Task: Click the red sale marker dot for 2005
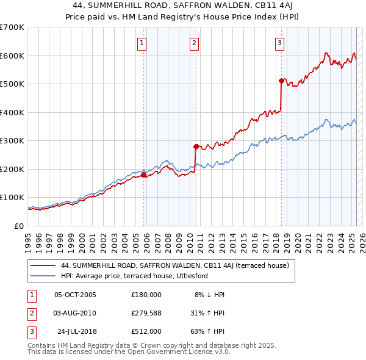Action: click(x=144, y=175)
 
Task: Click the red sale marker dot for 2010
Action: click(x=196, y=146)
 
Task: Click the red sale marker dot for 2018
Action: click(x=281, y=81)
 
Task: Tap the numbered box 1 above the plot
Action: click(x=142, y=43)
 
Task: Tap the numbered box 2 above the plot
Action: click(x=193, y=43)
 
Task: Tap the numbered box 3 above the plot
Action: click(x=279, y=43)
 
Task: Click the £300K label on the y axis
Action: click(x=12, y=141)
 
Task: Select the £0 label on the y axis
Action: click(x=19, y=226)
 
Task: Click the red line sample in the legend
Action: click(x=43, y=265)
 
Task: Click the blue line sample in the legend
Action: click(x=43, y=276)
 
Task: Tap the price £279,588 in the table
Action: click(x=146, y=312)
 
